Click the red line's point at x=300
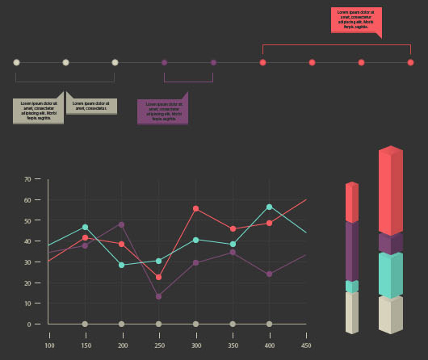pyautogui.click(x=195, y=209)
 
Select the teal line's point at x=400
pyautogui.click(x=270, y=207)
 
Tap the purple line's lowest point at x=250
pyautogui.click(x=158, y=296)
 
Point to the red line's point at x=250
pyautogui.click(x=158, y=277)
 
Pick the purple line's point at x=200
pyautogui.click(x=121, y=224)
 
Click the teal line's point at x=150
pyautogui.click(x=85, y=227)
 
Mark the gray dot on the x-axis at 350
pyautogui.click(x=233, y=324)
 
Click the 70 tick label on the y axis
pyautogui.click(x=36, y=179)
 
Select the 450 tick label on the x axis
pyautogui.click(x=306, y=345)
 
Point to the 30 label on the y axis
pyautogui.click(x=36, y=262)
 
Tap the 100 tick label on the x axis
pyautogui.click(x=49, y=345)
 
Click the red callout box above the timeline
pyautogui.click(x=356, y=20)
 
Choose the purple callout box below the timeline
pyautogui.click(x=162, y=111)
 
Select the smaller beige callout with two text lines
pyautogui.click(x=92, y=106)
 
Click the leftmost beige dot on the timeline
pyautogui.click(x=16, y=62)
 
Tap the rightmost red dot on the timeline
pyautogui.click(x=411, y=62)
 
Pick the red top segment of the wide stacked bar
pyautogui.click(x=391, y=192)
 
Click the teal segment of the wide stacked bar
pyautogui.click(x=391, y=275)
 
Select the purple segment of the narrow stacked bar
pyautogui.click(x=351, y=251)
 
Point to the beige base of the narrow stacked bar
pyautogui.click(x=351, y=312)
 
